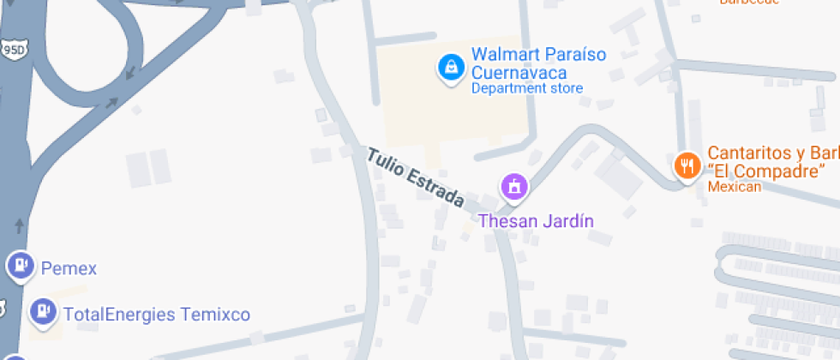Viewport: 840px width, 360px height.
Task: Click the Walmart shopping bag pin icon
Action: point(448,68)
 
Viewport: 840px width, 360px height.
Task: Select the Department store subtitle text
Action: point(526,88)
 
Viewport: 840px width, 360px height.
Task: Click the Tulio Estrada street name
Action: point(416,178)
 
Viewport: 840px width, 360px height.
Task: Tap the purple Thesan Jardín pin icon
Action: point(514,186)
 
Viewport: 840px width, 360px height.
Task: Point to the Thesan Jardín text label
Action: point(536,221)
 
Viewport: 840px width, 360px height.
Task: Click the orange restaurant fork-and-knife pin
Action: point(687,165)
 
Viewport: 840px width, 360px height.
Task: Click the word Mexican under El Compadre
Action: point(734,187)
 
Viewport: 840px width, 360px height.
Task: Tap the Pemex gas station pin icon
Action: point(20,265)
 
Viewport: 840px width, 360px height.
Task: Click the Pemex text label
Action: point(69,269)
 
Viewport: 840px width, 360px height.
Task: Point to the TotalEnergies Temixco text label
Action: point(157,315)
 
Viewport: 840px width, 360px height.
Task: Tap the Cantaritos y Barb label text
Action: point(771,153)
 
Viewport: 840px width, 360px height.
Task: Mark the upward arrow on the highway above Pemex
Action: point(20,226)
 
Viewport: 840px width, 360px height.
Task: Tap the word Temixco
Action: point(215,315)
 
